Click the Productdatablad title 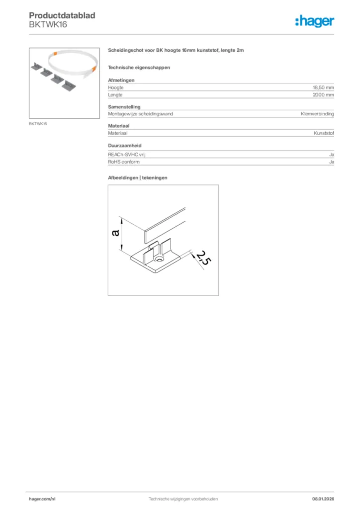62,16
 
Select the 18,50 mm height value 323,87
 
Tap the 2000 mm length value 323,94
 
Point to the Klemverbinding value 317,114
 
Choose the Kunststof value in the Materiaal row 324,133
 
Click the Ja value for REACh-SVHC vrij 331,155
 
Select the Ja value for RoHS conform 331,162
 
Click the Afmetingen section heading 121,80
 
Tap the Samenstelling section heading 124,107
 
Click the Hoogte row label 116,87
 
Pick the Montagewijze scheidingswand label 141,114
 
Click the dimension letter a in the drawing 116,233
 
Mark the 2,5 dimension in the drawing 200,257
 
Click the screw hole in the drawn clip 160,259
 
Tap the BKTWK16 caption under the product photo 38,124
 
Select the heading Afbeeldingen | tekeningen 138,177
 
